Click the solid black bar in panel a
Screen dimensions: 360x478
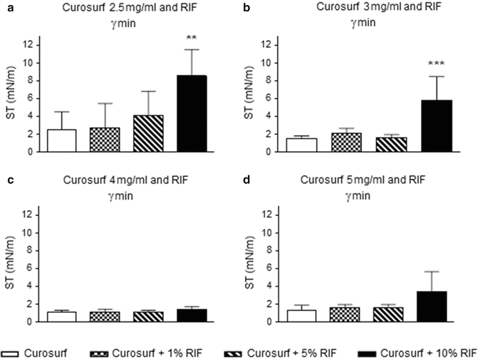click(192, 114)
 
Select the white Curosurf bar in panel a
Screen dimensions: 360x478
click(62, 140)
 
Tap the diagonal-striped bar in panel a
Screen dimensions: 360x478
click(149, 133)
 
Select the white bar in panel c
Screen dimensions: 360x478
click(62, 317)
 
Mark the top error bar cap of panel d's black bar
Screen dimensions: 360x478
click(431, 272)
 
